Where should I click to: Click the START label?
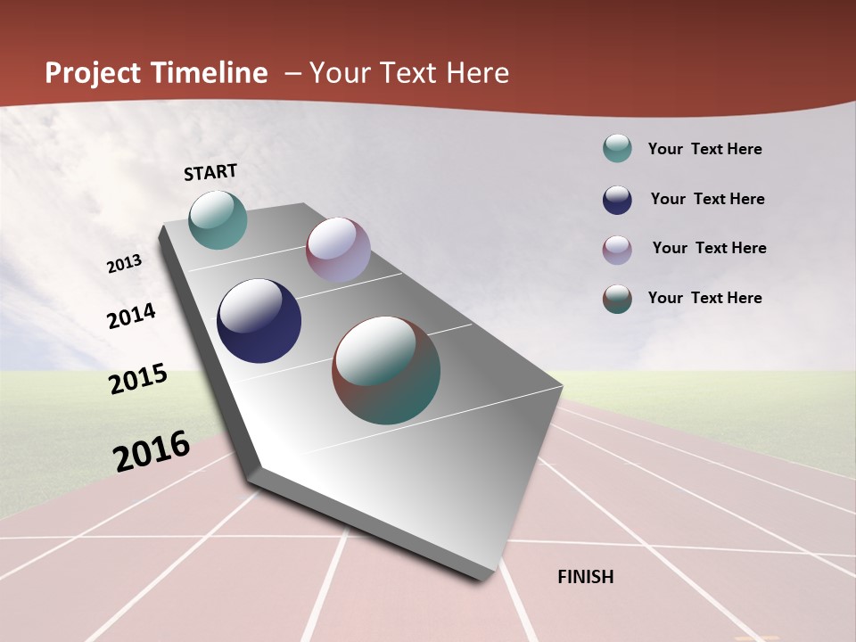coord(210,172)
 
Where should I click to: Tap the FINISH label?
coord(586,577)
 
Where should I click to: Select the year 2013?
coord(125,264)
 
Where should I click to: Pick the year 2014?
coord(132,317)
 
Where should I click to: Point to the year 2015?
coord(138,379)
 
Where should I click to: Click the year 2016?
coord(152,451)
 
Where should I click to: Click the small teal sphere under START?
coord(218,219)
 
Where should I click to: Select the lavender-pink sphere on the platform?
coord(338,250)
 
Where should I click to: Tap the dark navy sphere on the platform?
coord(259,321)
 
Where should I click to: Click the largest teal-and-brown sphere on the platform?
coord(386,370)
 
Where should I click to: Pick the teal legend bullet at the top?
coord(617,149)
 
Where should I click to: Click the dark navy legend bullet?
coord(617,200)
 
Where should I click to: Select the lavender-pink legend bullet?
coord(617,250)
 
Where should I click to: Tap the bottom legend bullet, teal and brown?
coord(617,300)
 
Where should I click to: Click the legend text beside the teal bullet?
coord(704,150)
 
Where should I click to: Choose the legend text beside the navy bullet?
coord(707,199)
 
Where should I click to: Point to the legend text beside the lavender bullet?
coord(709,248)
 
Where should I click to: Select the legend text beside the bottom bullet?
coord(704,298)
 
